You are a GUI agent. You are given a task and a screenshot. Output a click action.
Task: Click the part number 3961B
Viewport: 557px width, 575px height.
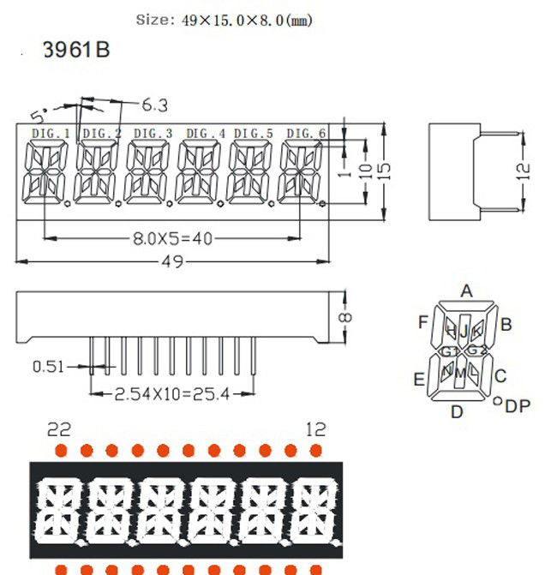click(x=76, y=51)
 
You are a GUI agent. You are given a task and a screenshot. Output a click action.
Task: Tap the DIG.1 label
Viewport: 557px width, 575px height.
click(x=51, y=133)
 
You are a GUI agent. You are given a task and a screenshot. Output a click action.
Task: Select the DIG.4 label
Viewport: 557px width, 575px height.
click(x=206, y=133)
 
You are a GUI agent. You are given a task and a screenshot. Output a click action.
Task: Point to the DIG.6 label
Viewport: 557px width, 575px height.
click(x=306, y=133)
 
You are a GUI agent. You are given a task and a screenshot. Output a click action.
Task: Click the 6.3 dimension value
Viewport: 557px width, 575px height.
click(x=154, y=105)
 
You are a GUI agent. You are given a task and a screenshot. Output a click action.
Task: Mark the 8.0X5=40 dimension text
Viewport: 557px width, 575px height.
click(x=171, y=238)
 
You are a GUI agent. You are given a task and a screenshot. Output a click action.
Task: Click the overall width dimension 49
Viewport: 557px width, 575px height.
click(x=173, y=262)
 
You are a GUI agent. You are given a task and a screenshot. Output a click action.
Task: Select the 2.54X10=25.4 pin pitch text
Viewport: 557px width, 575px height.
click(x=172, y=394)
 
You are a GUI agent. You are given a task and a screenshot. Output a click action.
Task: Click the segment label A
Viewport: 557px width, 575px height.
click(x=466, y=291)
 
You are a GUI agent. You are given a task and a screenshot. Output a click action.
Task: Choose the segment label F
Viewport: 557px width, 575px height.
click(x=422, y=322)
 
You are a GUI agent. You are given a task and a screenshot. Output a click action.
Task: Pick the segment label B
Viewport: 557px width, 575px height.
click(x=506, y=324)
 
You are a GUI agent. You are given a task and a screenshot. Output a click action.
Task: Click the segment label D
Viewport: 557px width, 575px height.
click(x=457, y=412)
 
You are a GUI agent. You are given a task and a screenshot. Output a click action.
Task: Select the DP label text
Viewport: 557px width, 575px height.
click(x=518, y=406)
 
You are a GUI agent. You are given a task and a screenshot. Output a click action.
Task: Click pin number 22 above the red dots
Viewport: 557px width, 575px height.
click(x=60, y=428)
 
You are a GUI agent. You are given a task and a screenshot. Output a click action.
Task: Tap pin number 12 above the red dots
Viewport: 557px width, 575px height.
click(x=316, y=428)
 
